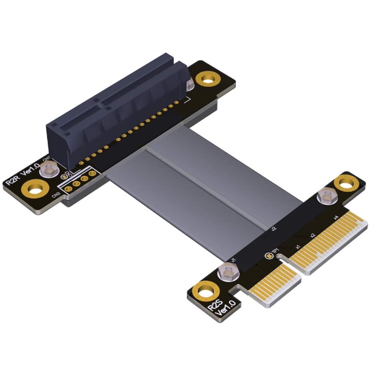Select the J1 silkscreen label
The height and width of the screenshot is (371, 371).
(233, 261)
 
